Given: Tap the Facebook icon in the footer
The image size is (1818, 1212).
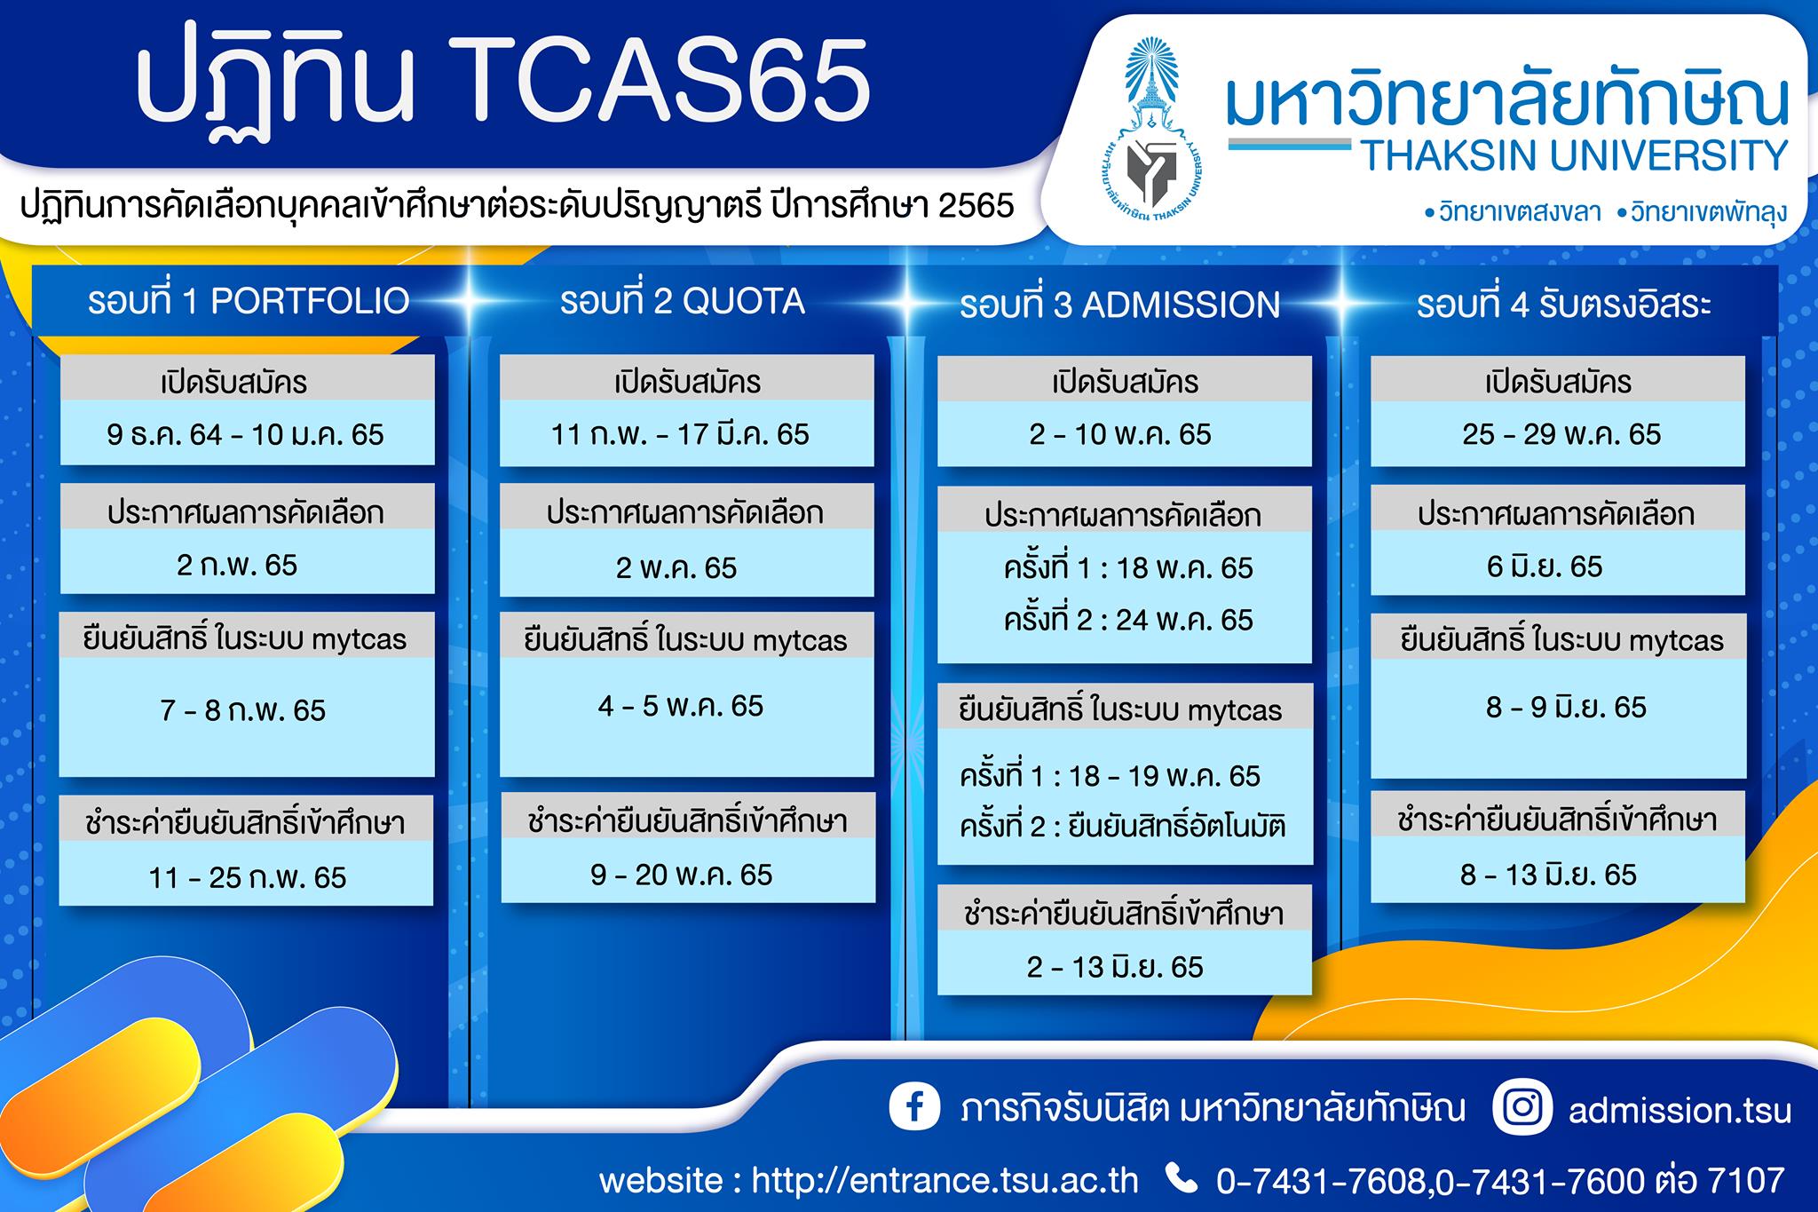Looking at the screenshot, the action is coord(914,1108).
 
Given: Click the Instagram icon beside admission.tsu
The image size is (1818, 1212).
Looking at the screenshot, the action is coord(1522,1107).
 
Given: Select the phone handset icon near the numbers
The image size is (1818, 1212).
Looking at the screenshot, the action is coord(1181,1178).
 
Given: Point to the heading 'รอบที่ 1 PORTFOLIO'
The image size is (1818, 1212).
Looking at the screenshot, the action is coord(249,301).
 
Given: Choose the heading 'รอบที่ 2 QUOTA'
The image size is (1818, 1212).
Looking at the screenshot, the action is coord(682,301).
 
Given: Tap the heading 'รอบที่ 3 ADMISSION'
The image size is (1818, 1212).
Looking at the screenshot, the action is coord(1119,305).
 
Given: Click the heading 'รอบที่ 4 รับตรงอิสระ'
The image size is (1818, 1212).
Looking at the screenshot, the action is coord(1562,305).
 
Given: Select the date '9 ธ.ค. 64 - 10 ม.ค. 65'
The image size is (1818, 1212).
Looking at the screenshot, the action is coord(246,434).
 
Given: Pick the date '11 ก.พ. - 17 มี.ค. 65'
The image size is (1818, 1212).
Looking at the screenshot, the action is coord(680,434).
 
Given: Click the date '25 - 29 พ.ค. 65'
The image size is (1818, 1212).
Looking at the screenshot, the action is coord(1561,434).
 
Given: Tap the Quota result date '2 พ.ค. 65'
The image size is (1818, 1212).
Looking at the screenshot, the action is coord(676,567).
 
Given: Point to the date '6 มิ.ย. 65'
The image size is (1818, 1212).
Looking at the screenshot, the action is coord(1545,566).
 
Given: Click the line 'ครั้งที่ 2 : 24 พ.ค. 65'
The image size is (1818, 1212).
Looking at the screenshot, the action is coord(1128,620).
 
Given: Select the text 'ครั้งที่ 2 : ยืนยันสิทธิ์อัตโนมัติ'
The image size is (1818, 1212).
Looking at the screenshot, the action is coord(1123,827).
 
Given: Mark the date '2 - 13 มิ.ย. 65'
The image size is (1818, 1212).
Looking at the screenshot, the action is coord(1115,966).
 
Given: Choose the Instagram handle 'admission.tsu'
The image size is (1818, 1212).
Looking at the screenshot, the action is coord(1680,1111).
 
